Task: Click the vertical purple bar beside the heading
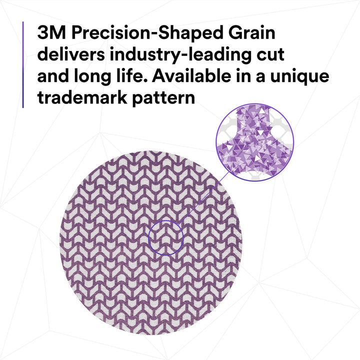(23, 65)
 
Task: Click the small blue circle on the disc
(166, 237)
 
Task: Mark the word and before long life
(54, 76)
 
